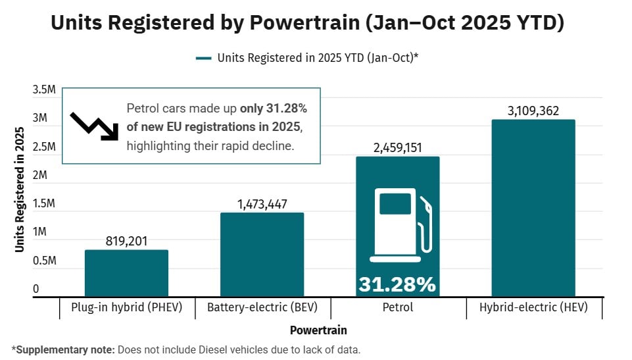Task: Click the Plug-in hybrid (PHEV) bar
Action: tap(126, 273)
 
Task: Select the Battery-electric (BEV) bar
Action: tap(262, 255)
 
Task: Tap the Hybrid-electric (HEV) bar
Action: tap(533, 208)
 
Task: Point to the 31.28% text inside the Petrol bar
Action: tap(397, 284)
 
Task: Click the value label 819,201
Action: tap(126, 242)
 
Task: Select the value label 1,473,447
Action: tap(262, 205)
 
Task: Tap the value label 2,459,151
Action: tap(397, 148)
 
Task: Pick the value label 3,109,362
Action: tap(533, 111)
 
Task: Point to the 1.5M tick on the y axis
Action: tap(45, 204)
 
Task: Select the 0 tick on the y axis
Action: tap(36, 289)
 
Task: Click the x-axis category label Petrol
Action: tap(397, 307)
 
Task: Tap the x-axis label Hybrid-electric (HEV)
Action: tap(533, 307)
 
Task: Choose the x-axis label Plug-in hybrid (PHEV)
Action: tap(126, 307)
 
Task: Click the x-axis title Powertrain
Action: tap(318, 330)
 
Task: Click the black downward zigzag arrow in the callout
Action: tap(94, 124)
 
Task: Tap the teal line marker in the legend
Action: tap(203, 58)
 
